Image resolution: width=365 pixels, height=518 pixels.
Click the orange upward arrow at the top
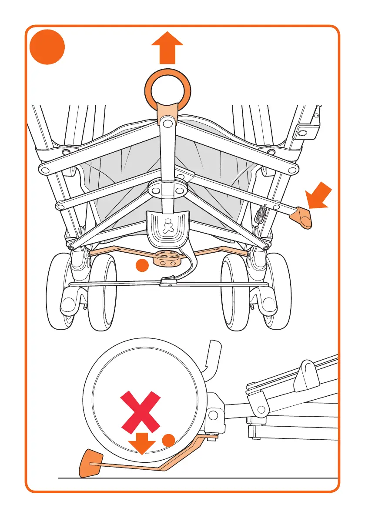(167, 48)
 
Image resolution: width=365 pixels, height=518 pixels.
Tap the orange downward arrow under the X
(142, 444)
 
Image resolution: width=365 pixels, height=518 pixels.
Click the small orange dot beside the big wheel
(169, 440)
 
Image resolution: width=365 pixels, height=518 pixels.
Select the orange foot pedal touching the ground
(91, 463)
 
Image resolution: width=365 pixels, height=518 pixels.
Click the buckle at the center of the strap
(167, 282)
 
